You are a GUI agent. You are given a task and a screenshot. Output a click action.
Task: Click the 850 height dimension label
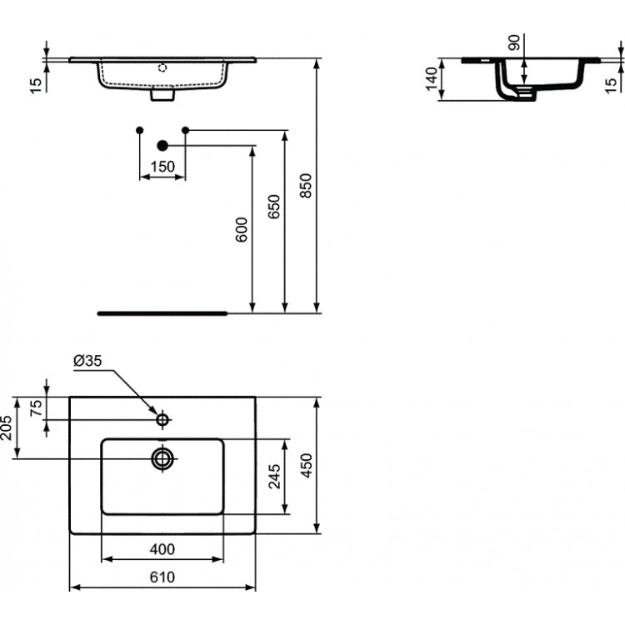point(306,185)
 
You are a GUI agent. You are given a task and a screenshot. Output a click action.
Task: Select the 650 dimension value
point(274,207)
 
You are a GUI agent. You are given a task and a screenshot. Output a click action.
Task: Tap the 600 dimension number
point(242,230)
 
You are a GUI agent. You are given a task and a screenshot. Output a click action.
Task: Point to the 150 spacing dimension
point(162,166)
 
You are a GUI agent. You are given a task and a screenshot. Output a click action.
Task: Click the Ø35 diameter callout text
point(87,361)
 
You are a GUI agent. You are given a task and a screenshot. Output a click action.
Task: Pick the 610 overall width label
point(162,577)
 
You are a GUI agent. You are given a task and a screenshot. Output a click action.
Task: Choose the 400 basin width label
point(162,549)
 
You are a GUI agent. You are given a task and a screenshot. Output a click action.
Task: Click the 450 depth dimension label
point(306,465)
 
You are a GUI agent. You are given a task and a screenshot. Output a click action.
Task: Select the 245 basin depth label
point(274,477)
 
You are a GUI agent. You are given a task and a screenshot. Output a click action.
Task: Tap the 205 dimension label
point(7,427)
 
